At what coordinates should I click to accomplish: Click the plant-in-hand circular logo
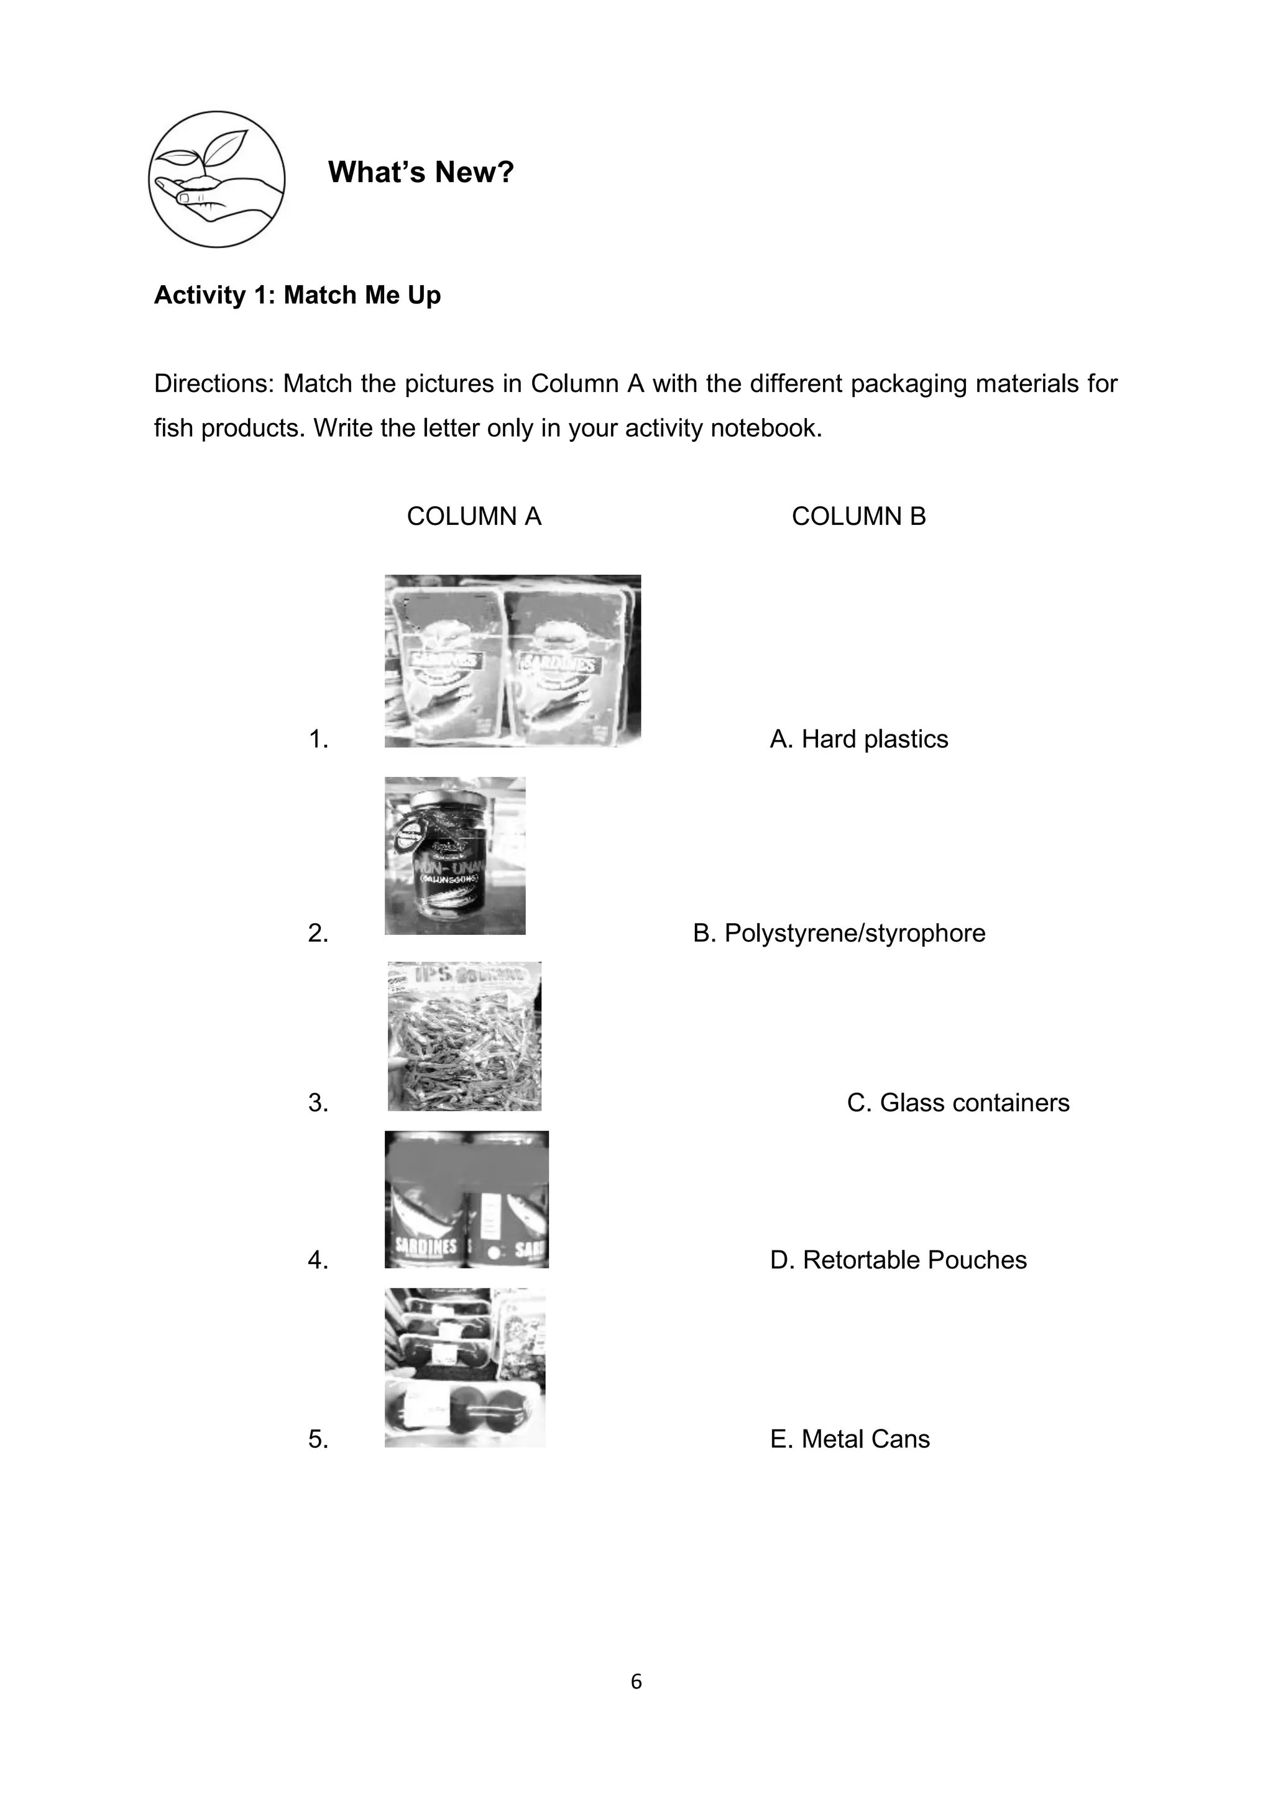216,180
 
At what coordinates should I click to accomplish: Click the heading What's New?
420,172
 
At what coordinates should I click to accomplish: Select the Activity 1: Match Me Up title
297,296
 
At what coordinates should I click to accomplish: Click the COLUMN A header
474,516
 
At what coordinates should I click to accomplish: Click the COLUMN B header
858,516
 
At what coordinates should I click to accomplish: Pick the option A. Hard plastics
858,739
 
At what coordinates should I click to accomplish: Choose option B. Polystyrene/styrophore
839,933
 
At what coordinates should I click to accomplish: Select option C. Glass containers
957,1103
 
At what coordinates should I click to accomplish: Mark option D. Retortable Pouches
898,1260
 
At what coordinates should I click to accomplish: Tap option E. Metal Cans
850,1439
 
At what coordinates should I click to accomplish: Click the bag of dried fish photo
464,1036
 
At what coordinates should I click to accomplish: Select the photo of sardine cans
466,1200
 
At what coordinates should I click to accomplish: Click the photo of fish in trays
465,1367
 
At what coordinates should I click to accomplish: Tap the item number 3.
318,1103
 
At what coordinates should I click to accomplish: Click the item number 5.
318,1439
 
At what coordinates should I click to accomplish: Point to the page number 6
636,1682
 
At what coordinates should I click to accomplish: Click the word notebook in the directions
769,429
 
